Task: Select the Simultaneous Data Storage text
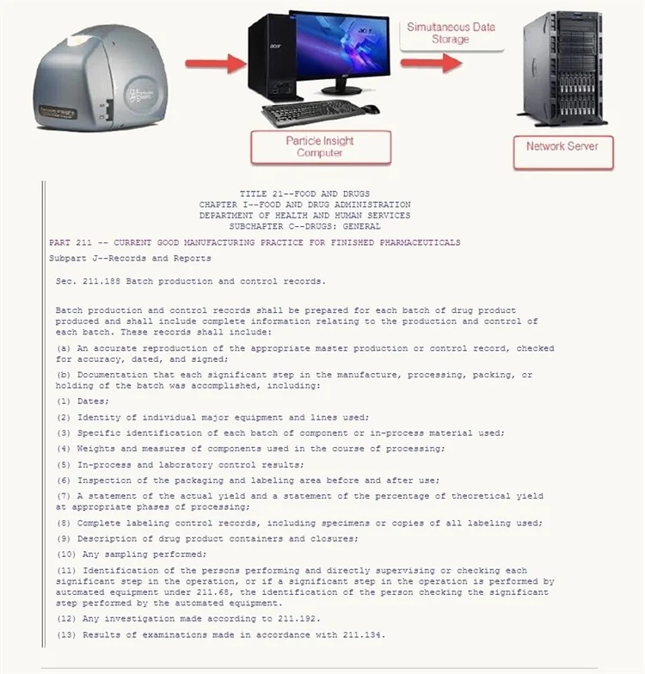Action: coord(451,33)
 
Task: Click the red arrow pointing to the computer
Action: coord(215,63)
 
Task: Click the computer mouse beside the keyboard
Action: coord(370,109)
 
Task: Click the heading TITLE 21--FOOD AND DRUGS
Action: coord(305,194)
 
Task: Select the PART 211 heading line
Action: coord(255,242)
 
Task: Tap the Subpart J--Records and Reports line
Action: coord(130,258)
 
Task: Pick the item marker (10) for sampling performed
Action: coord(66,555)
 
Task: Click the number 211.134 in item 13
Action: coord(365,634)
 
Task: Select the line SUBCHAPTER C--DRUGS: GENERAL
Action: coord(305,226)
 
